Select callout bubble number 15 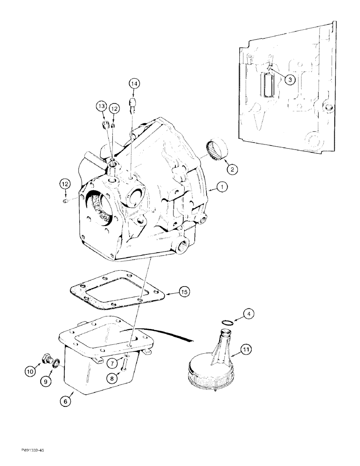pyautogui.click(x=184, y=292)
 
